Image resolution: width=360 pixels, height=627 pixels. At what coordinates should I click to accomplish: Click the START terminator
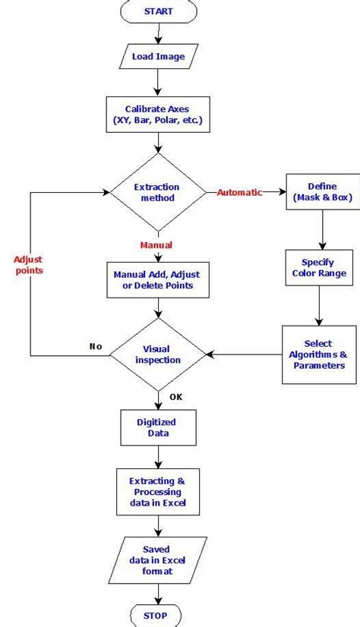click(158, 11)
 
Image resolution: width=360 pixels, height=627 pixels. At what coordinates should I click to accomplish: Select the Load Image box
click(158, 56)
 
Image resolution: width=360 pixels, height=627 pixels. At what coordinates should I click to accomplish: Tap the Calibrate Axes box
click(158, 115)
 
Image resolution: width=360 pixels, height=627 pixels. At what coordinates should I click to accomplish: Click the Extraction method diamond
click(158, 192)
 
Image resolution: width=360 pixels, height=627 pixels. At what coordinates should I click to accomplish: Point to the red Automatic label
click(239, 192)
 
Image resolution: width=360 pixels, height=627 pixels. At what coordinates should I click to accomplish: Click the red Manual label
click(156, 244)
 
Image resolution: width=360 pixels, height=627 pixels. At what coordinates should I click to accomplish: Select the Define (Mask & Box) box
click(323, 192)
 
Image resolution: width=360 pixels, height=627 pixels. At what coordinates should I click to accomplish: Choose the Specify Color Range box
click(318, 267)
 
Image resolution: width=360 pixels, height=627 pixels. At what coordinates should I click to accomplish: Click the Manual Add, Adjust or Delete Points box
click(158, 279)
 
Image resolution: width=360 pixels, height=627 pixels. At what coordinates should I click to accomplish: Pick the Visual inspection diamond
click(158, 354)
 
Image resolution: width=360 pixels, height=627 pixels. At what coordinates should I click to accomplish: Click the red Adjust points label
click(28, 265)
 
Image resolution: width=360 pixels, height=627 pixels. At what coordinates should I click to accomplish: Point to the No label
click(96, 346)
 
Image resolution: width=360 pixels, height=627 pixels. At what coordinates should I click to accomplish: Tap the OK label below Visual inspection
click(175, 396)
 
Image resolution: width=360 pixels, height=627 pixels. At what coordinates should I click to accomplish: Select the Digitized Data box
click(158, 427)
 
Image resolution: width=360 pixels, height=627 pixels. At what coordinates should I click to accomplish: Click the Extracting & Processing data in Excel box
click(158, 492)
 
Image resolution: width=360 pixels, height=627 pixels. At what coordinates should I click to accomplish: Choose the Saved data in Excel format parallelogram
click(158, 560)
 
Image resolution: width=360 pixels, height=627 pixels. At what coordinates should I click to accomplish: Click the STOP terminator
click(158, 614)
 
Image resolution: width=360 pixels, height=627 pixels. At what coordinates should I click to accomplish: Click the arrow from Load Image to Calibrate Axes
click(158, 82)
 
